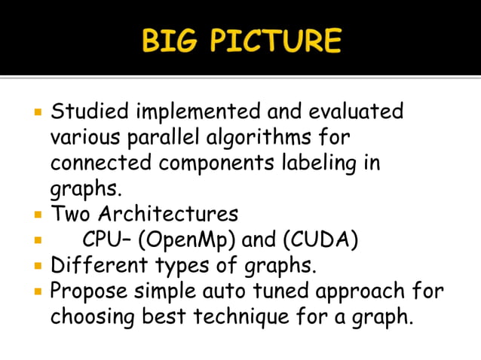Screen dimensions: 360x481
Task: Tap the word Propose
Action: tap(89, 291)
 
